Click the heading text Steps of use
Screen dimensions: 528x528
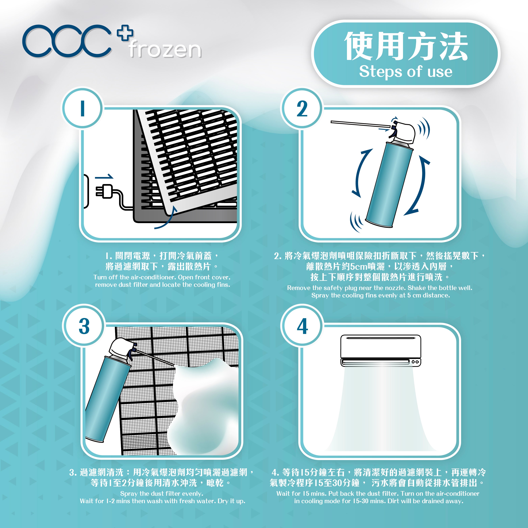(406, 72)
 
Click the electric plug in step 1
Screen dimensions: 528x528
(105, 191)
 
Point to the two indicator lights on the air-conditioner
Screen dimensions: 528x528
(415, 362)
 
